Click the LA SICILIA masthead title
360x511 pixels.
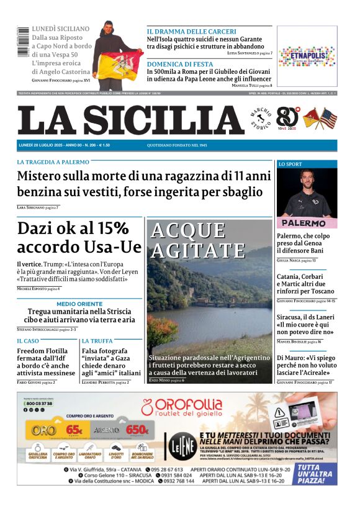tap(130, 120)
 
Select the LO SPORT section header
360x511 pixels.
tap(290, 165)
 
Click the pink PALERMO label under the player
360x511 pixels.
tap(303, 223)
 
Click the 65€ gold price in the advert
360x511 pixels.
tap(74, 429)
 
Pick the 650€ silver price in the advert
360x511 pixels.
tap(136, 429)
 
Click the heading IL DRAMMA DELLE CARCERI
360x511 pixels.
tap(191, 32)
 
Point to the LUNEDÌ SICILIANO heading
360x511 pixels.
tap(60, 29)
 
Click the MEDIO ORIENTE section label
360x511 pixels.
tap(79, 304)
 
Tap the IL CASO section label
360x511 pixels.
tap(28, 341)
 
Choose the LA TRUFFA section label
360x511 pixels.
tap(97, 341)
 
